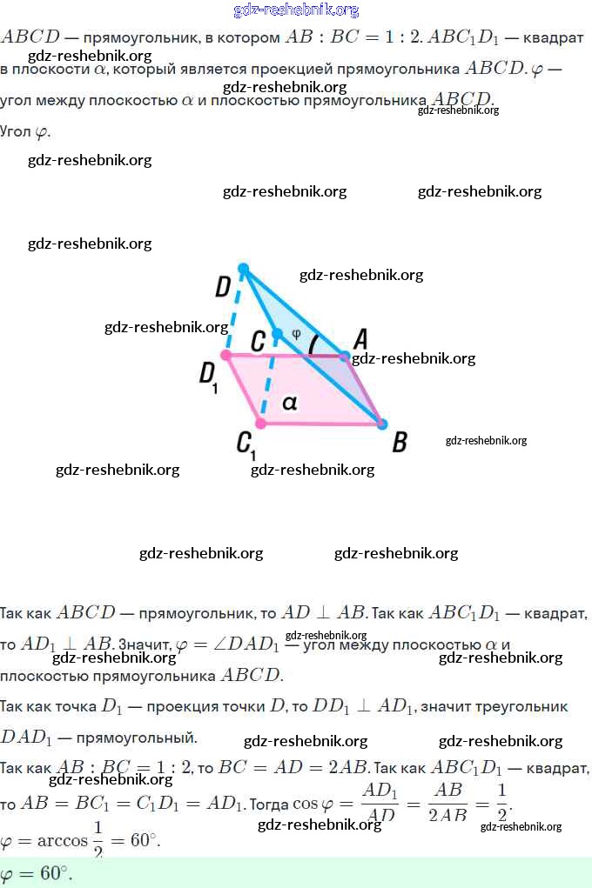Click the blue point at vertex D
pos(244,269)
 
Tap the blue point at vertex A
pos(344,357)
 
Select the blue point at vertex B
pos(381,424)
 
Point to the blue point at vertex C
pos(277,334)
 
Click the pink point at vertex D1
pos(226,355)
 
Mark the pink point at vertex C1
pos(259,424)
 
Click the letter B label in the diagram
pos(400,442)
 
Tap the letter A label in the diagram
pos(360,337)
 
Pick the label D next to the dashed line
pos(224,286)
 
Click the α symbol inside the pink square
pos(290,403)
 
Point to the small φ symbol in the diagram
pos(296,332)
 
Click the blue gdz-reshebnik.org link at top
pos(296,10)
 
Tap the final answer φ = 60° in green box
pos(37,873)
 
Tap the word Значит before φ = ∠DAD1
pos(144,644)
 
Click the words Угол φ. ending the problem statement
pos(25,132)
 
